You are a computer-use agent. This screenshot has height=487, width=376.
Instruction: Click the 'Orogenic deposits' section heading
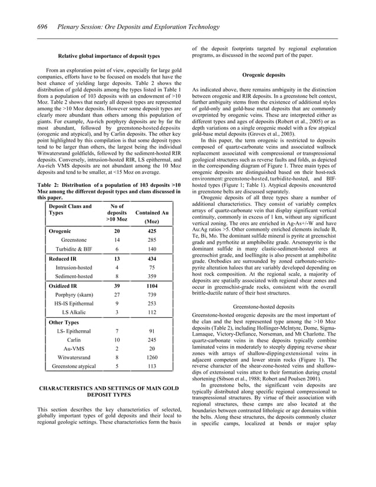coord(263,75)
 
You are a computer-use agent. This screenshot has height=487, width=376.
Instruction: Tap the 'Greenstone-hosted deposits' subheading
coord(263,307)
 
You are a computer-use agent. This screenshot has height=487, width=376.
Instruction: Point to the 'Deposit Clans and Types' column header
coord(70,210)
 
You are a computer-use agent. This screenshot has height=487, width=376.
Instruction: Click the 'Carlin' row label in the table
coord(73,340)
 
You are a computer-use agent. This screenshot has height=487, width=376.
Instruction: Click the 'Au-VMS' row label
coord(73,348)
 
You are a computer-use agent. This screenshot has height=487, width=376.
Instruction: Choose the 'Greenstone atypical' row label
coord(73,366)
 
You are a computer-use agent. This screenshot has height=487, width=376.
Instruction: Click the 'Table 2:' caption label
coord(48,187)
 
